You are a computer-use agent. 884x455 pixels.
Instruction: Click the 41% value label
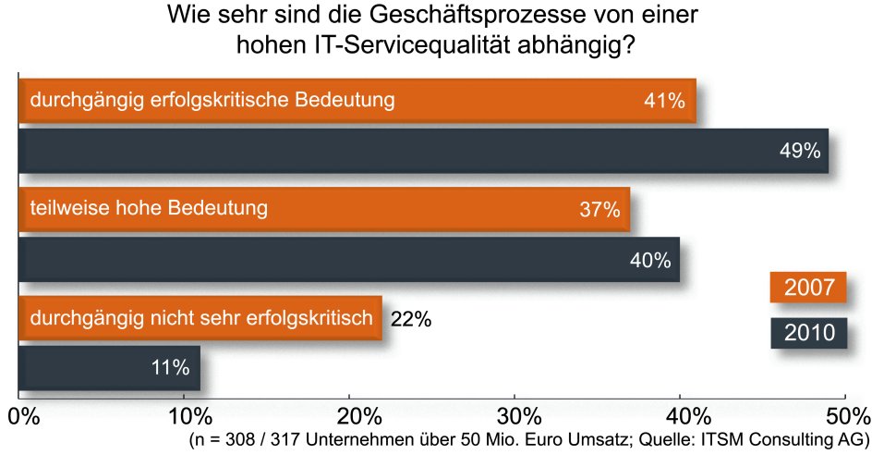pos(664,101)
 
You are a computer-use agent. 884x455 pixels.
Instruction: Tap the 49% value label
pos(799,151)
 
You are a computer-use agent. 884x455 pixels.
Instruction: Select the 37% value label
pos(599,210)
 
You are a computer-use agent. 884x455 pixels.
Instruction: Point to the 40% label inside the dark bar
pos(649,260)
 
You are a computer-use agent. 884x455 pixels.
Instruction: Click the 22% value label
pos(411,319)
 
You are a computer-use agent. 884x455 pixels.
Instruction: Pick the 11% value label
pos(171,368)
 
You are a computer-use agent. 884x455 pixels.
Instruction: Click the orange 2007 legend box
pos(808,288)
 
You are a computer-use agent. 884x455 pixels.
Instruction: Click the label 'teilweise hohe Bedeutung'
pos(149,208)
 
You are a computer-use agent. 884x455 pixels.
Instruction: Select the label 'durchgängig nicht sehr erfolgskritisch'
pos(201,318)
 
